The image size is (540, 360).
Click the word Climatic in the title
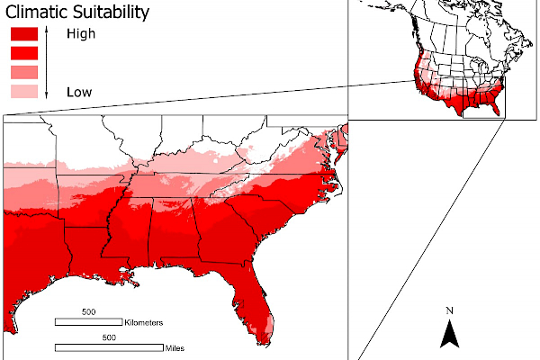[38, 13]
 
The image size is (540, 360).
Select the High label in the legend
[81, 34]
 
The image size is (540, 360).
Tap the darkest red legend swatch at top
[23, 34]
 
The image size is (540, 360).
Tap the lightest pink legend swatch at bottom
[23, 91]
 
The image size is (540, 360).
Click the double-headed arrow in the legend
[46, 62]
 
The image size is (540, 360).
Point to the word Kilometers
[143, 321]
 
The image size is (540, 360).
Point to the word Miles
[175, 346]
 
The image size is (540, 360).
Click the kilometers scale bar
[89, 321]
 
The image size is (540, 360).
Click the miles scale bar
[108, 346]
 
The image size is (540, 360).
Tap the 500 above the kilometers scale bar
[88, 312]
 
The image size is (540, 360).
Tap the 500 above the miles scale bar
[108, 337]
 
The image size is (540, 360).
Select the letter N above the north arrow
[449, 311]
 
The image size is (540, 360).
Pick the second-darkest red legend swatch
[23, 53]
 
